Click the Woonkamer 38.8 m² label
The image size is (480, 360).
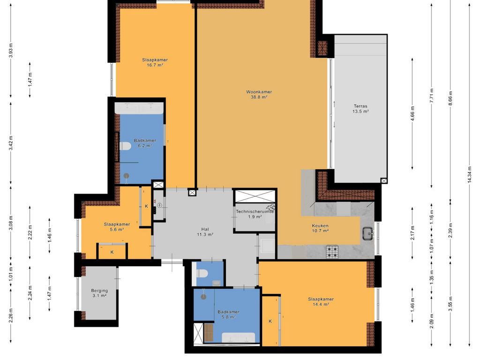(x=259, y=95)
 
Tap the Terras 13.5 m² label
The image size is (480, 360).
(x=360, y=109)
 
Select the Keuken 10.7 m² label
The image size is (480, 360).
(x=321, y=228)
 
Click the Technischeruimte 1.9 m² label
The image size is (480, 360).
(x=255, y=214)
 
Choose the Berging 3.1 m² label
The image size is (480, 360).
(x=99, y=293)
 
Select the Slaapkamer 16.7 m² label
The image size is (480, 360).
(x=155, y=62)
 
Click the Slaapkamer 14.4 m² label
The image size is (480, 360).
(x=321, y=301)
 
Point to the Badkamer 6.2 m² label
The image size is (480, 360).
(x=142, y=143)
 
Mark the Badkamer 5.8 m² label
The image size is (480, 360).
(x=228, y=314)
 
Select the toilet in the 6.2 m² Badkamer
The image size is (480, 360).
(x=125, y=146)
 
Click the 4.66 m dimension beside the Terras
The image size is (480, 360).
(x=412, y=114)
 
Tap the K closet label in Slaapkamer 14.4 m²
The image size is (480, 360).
(x=270, y=322)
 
